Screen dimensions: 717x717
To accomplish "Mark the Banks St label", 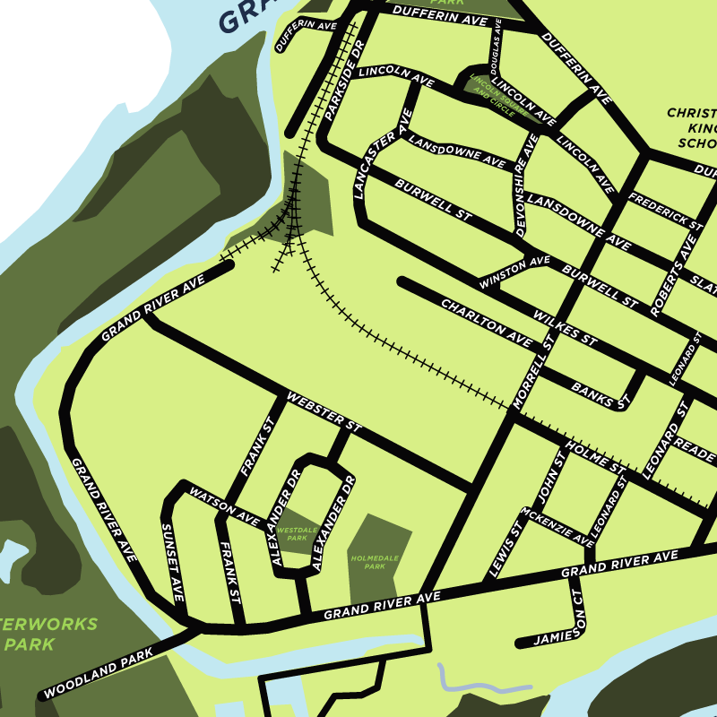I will [599, 395].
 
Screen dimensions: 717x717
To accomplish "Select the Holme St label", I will [594, 457].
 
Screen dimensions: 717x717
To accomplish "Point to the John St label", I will [549, 479].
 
